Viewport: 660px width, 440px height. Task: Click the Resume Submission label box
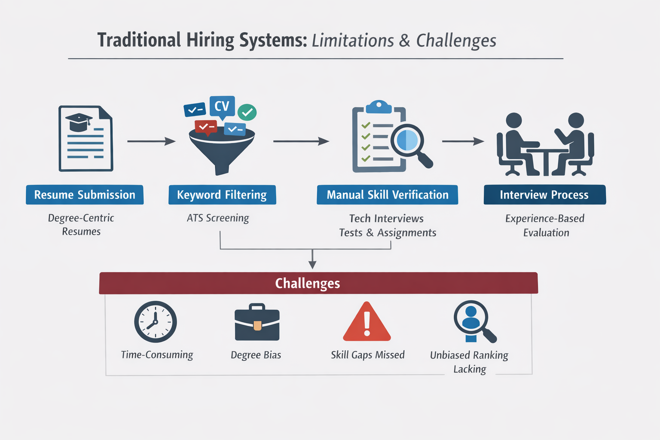[85, 195]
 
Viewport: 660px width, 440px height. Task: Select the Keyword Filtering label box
[222, 195]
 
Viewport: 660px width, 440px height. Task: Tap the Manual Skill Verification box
[387, 195]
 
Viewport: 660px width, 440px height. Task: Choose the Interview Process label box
[544, 195]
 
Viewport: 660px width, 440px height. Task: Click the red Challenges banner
[318, 283]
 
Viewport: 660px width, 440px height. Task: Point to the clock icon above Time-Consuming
[156, 322]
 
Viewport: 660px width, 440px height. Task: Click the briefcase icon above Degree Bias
[257, 323]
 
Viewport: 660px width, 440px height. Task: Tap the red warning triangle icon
[367, 323]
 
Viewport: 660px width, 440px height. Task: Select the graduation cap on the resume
[79, 122]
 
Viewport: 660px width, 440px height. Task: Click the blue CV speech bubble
[222, 106]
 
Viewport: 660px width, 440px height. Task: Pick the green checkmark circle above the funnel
[247, 112]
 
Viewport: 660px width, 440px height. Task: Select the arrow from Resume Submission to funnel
[151, 141]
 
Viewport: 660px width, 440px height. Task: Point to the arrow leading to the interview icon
[463, 141]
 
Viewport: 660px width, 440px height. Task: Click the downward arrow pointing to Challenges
[312, 260]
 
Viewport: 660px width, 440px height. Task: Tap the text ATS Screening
[218, 218]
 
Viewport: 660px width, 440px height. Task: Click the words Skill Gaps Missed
[368, 355]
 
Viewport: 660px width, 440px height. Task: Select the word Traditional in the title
[139, 40]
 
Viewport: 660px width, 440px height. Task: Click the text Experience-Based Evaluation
[545, 226]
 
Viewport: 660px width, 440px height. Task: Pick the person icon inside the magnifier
[471, 318]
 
